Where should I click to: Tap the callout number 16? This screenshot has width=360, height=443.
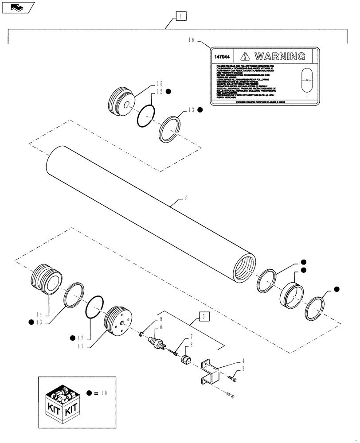(x=192, y=40)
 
